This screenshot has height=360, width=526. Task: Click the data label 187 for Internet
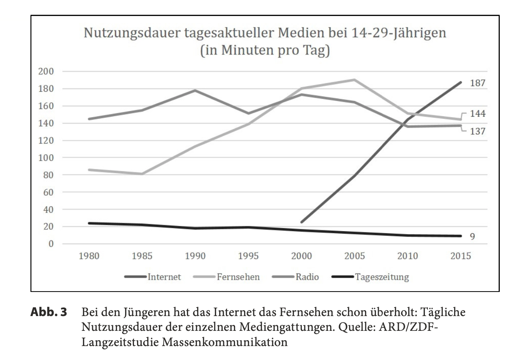(x=478, y=83)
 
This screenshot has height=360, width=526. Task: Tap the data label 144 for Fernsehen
(x=478, y=114)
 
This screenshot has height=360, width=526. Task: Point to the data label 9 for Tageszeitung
(x=472, y=237)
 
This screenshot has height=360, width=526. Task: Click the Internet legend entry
(x=164, y=277)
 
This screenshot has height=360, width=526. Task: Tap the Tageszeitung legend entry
(x=382, y=277)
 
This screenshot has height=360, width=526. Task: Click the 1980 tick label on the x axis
(x=89, y=256)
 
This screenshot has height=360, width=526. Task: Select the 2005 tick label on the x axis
(x=354, y=256)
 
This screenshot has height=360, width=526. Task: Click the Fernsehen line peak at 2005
(x=354, y=80)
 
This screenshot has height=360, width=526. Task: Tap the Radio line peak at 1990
(x=195, y=90)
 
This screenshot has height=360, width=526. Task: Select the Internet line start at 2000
(x=301, y=222)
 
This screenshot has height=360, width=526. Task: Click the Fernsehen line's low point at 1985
(x=142, y=174)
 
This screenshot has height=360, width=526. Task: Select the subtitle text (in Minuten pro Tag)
(x=264, y=52)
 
